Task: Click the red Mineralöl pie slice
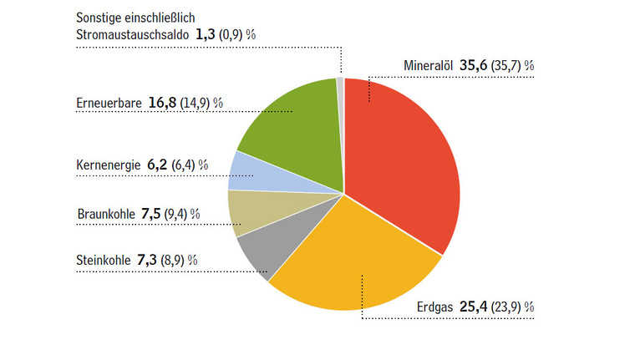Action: click(401, 159)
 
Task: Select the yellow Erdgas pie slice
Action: click(351, 259)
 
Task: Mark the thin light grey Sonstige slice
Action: click(341, 82)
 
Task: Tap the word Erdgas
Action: click(434, 307)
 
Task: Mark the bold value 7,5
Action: click(151, 213)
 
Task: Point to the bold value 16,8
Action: click(165, 104)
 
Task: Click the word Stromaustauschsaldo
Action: click(131, 34)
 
